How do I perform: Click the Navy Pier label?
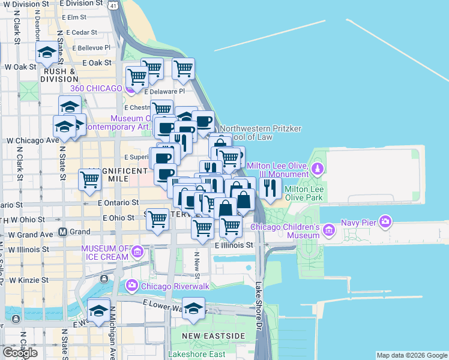(358, 222)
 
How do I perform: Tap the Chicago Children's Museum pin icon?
(328, 230)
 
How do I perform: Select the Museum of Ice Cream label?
(105, 253)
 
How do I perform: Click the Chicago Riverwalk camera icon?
(131, 286)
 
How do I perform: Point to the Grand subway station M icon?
(62, 232)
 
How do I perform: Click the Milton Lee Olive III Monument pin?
(319, 166)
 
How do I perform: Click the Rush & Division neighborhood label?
(58, 74)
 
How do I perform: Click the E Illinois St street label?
(235, 245)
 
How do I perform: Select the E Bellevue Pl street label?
(91, 47)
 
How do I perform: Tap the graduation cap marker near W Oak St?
(46, 52)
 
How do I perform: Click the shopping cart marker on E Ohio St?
(157, 220)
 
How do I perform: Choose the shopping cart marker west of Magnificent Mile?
(89, 179)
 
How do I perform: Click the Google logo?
(20, 352)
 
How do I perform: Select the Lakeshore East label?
(197, 354)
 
